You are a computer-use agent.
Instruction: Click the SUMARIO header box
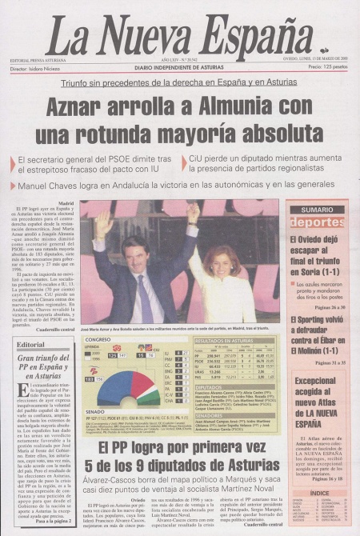click(x=317, y=210)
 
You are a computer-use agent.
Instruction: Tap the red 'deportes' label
click(x=317, y=222)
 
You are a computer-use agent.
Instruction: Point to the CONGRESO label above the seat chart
click(x=98, y=340)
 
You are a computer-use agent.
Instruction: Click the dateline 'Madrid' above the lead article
click(x=66, y=204)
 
